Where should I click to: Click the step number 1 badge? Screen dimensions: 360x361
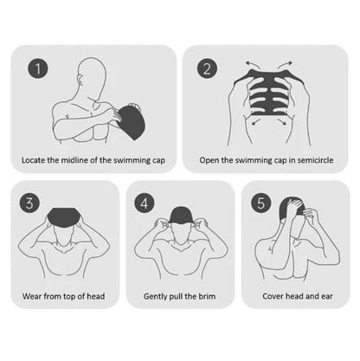(38, 68)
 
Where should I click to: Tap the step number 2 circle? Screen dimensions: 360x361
(207, 68)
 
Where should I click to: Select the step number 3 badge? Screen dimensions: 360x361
(29, 203)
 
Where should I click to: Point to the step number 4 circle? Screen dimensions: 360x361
(145, 203)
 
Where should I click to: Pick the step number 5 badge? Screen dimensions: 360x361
(260, 203)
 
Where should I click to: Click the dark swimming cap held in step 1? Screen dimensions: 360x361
(132, 122)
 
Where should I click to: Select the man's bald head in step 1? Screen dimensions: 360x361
(92, 75)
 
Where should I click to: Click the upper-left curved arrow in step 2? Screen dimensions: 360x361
(253, 65)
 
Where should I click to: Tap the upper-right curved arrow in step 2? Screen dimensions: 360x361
(285, 65)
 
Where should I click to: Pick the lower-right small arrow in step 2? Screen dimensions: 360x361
(282, 122)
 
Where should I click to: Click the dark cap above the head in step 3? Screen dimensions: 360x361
(63, 217)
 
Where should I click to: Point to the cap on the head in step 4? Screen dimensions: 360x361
(179, 216)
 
